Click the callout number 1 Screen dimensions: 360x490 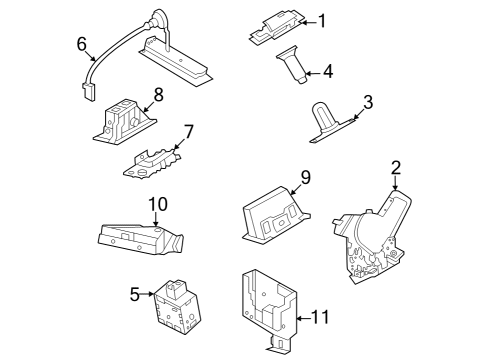(x=323, y=21)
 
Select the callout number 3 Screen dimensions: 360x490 (x=368, y=101)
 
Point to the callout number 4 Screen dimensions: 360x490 (x=327, y=71)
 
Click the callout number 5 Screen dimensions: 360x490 (x=134, y=294)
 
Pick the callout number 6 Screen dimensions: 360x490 (x=82, y=43)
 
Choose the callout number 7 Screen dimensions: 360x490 (x=188, y=132)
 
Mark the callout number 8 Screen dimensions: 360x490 (x=157, y=96)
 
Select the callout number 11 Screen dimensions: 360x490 (x=320, y=317)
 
